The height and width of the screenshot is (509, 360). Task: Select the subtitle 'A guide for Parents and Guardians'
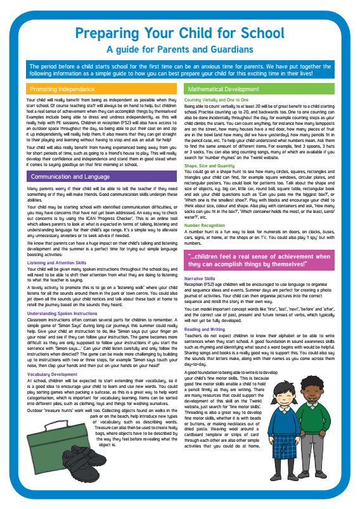point(179,49)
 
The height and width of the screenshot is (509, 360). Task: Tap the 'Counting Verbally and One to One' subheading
point(217,100)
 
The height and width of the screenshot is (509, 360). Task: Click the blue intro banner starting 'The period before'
point(179,68)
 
